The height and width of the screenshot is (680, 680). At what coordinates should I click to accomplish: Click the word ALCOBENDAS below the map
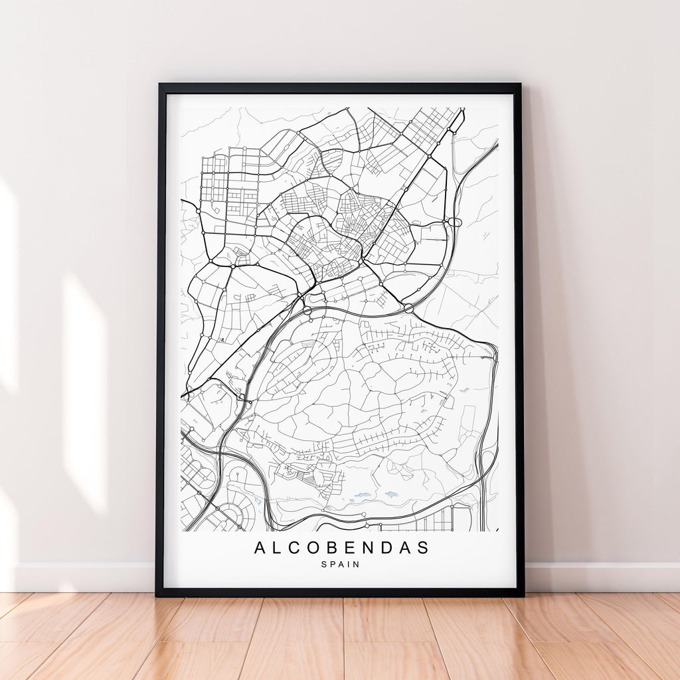point(341,548)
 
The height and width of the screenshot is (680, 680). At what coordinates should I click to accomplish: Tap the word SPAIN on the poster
point(340,564)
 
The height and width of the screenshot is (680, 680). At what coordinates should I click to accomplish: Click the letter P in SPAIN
point(332,564)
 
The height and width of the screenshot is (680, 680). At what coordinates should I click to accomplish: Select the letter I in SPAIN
point(349,564)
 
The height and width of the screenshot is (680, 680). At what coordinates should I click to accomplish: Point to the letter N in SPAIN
point(356,564)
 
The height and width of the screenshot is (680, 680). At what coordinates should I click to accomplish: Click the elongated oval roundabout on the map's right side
point(454,222)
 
